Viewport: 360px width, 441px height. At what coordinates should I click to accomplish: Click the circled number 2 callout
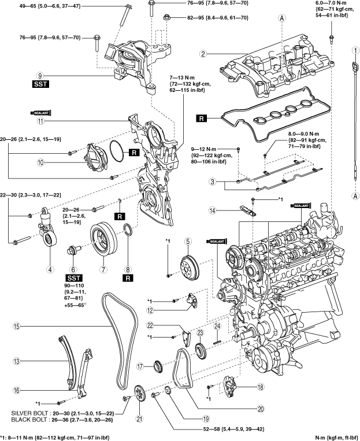(203, 53)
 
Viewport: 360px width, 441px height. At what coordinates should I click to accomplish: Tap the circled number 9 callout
(40, 75)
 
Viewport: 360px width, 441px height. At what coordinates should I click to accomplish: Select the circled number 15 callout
(17, 326)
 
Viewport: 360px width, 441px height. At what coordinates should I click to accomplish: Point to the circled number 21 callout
(139, 418)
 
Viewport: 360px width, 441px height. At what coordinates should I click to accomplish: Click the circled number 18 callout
(261, 387)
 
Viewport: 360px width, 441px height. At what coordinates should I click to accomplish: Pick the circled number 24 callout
(217, 326)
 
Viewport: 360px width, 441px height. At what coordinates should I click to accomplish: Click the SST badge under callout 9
(40, 84)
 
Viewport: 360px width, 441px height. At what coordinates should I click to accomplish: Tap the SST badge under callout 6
(74, 278)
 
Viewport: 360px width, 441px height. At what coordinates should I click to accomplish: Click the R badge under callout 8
(128, 278)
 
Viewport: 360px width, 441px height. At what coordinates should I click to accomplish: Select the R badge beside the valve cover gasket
(201, 118)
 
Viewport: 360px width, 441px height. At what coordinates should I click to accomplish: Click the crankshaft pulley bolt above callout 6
(74, 250)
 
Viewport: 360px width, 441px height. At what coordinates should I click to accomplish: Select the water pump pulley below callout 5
(190, 266)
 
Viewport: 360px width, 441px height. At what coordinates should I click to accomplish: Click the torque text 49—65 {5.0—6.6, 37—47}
(46, 5)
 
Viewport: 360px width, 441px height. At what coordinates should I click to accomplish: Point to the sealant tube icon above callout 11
(41, 113)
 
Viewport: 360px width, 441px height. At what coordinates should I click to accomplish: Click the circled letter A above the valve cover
(282, 18)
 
